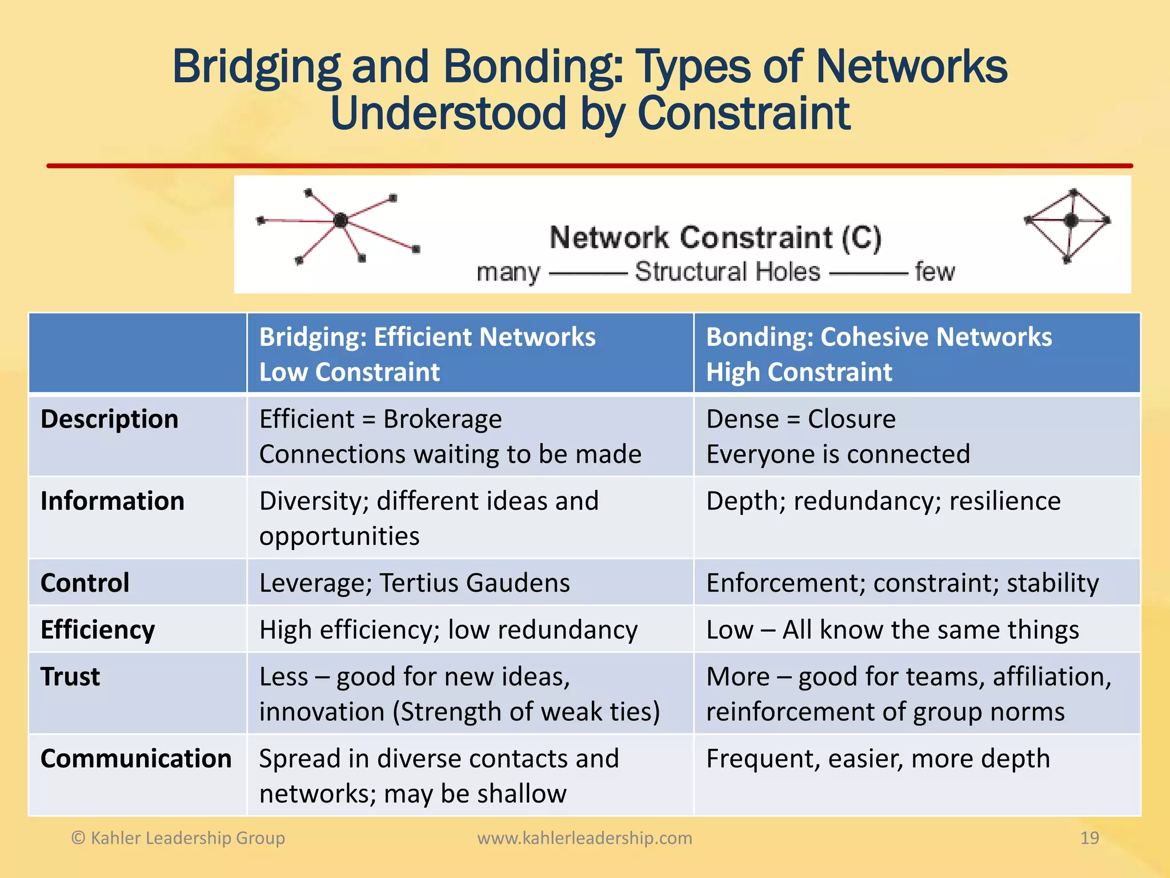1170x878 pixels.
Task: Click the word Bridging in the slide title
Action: pyautogui.click(x=256, y=67)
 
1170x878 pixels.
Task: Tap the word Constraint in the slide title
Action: pyautogui.click(x=743, y=113)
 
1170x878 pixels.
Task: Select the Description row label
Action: pyautogui.click(x=109, y=419)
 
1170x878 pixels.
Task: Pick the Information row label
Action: pyautogui.click(x=113, y=501)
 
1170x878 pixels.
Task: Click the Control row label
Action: pyautogui.click(x=85, y=583)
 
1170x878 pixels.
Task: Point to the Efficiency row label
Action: pyautogui.click(x=98, y=630)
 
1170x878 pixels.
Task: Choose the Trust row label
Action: pyautogui.click(x=70, y=677)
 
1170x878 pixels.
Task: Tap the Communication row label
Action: pyautogui.click(x=136, y=759)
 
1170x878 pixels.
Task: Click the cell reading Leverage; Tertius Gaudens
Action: pyautogui.click(x=414, y=583)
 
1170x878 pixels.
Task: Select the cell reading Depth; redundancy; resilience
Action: pyautogui.click(x=883, y=501)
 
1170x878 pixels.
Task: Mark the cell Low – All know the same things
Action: pyautogui.click(x=892, y=630)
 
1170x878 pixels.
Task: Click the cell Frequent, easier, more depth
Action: pyautogui.click(x=878, y=759)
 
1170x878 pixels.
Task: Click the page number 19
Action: pyautogui.click(x=1089, y=838)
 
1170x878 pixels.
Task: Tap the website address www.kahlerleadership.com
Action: pyautogui.click(x=584, y=838)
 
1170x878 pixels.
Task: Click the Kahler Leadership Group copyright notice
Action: pyautogui.click(x=178, y=838)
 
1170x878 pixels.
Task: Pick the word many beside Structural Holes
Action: pyautogui.click(x=508, y=272)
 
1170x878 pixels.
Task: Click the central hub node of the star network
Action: pyautogui.click(x=340, y=220)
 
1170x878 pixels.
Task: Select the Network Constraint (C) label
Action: pyautogui.click(x=715, y=237)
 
